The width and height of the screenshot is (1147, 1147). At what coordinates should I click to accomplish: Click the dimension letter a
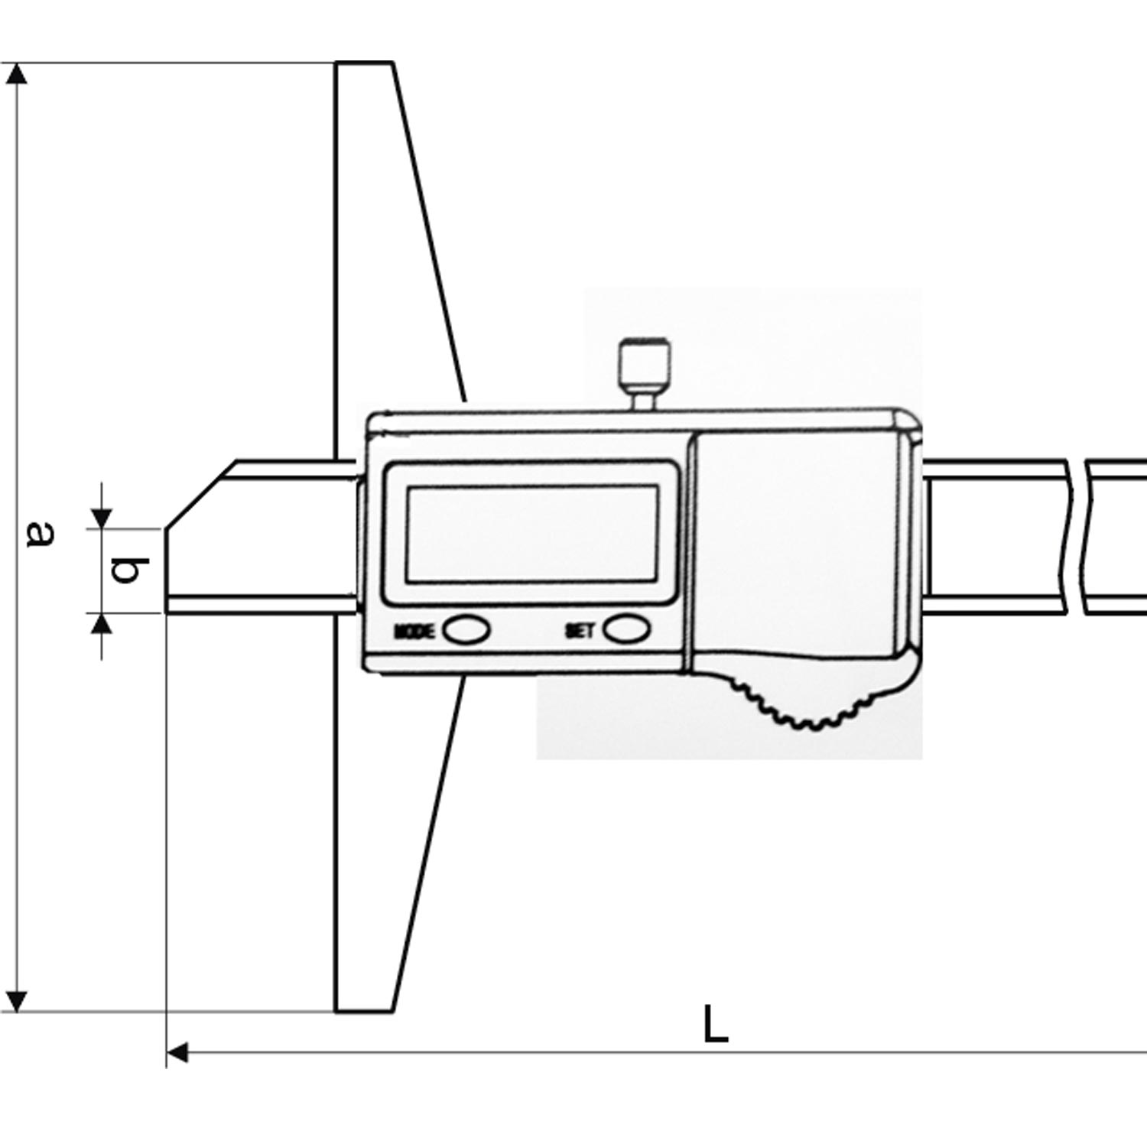(40, 534)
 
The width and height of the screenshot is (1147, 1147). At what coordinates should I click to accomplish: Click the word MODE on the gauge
(414, 632)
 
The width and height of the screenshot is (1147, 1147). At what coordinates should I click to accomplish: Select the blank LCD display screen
(531, 534)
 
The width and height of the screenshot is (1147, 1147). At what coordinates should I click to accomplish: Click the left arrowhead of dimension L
(177, 1053)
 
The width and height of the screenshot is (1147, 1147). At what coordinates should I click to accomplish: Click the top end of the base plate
(365, 63)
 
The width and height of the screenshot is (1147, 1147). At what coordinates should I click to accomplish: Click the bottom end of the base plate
(365, 1011)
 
